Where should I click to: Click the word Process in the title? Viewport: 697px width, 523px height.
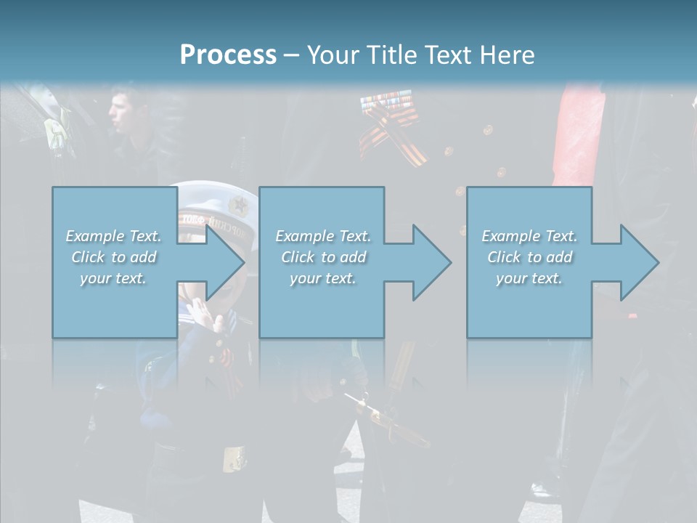228,55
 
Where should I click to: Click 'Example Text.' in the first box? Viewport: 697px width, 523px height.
113,236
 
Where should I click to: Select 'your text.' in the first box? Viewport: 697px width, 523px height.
113,278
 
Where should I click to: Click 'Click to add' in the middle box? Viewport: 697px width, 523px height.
323,257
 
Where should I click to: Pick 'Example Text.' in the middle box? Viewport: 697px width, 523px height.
323,236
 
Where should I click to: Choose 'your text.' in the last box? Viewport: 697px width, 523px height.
529,278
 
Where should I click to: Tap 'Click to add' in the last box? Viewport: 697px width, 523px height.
529,257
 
